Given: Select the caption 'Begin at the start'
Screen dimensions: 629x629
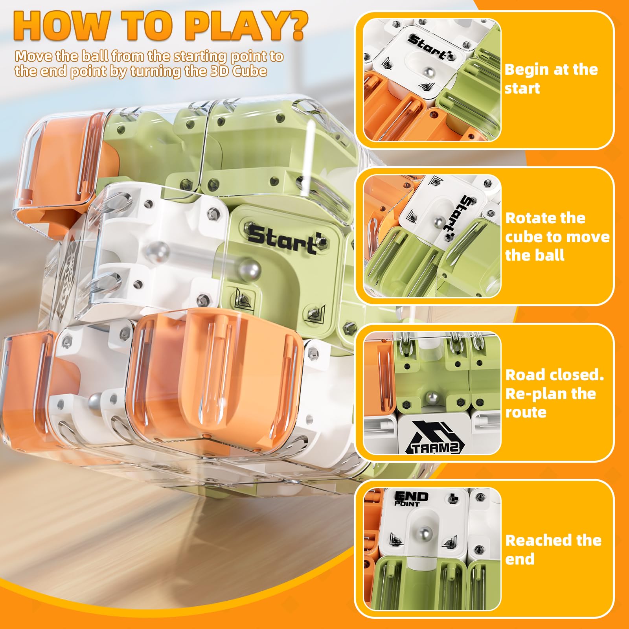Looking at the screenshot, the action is [x=551, y=79].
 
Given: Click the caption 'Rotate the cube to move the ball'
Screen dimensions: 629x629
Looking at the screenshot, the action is [x=557, y=237].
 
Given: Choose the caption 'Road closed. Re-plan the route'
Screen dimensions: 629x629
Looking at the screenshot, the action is [x=555, y=393].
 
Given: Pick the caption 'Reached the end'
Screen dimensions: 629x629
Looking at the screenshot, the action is [x=553, y=550].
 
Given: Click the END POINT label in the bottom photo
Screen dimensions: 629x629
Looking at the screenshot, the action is [x=411, y=498].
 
